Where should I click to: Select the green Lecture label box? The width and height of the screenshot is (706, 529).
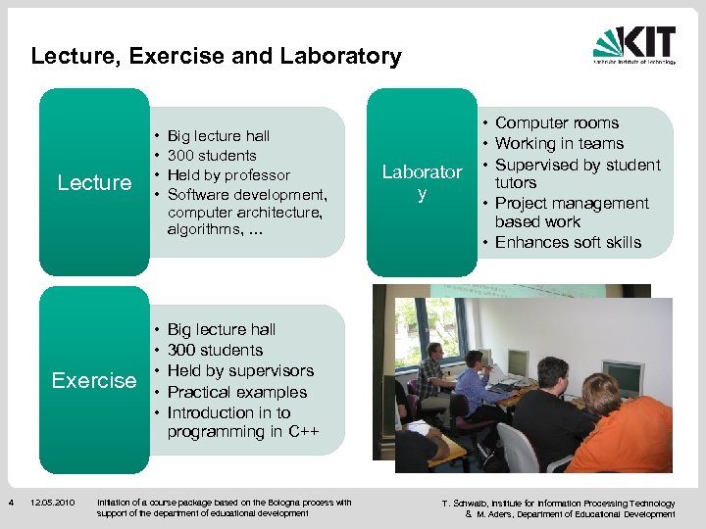click(x=94, y=182)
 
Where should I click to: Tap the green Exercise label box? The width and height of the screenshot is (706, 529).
click(x=94, y=380)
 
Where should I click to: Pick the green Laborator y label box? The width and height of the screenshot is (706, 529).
click(x=422, y=182)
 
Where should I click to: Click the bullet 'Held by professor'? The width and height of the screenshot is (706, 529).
click(x=228, y=175)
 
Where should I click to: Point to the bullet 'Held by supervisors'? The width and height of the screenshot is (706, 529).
click(x=240, y=370)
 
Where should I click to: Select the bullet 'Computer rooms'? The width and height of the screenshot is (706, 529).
click(x=556, y=122)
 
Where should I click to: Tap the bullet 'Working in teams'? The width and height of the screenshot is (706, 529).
click(x=559, y=144)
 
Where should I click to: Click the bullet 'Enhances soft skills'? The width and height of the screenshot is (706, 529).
click(x=567, y=242)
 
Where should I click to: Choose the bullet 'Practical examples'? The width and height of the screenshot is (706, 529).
click(x=236, y=392)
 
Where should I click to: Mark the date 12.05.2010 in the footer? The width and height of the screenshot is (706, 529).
click(x=52, y=504)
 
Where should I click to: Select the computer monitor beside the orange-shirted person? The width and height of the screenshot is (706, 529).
click(x=623, y=377)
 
